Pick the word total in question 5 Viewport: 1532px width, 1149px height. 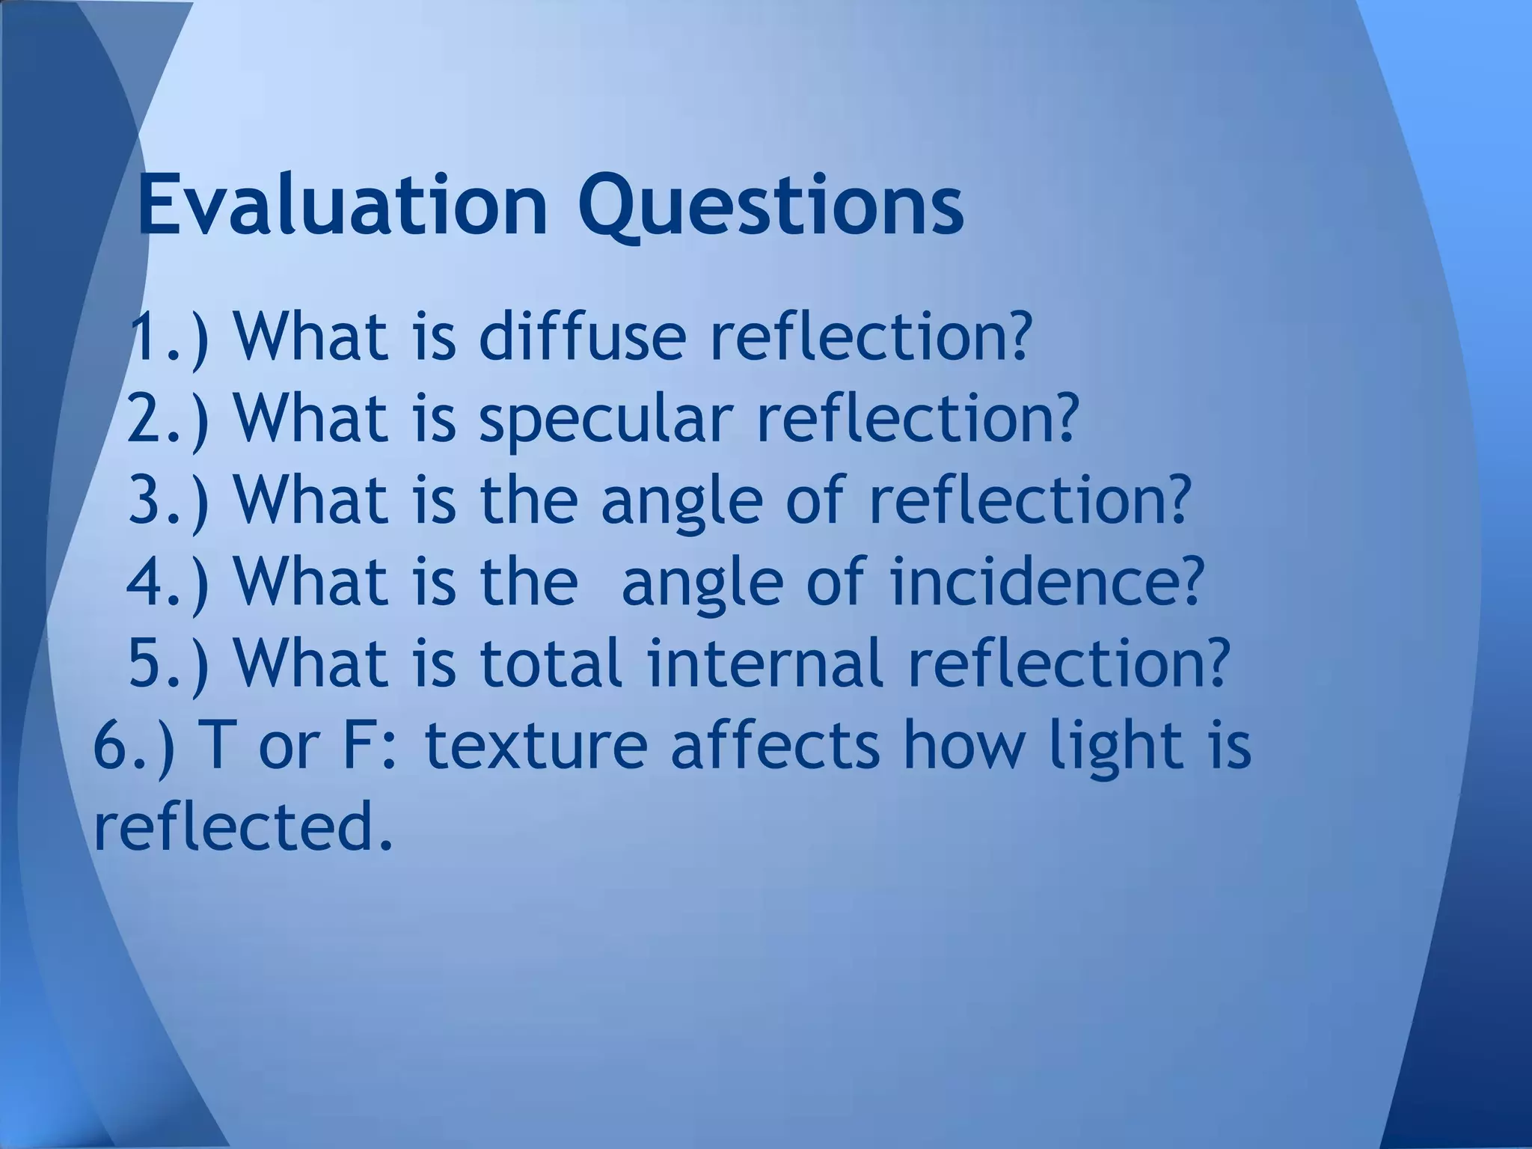click(551, 663)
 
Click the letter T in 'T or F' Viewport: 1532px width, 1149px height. click(214, 746)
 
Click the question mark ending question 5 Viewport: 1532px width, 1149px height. click(1213, 662)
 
